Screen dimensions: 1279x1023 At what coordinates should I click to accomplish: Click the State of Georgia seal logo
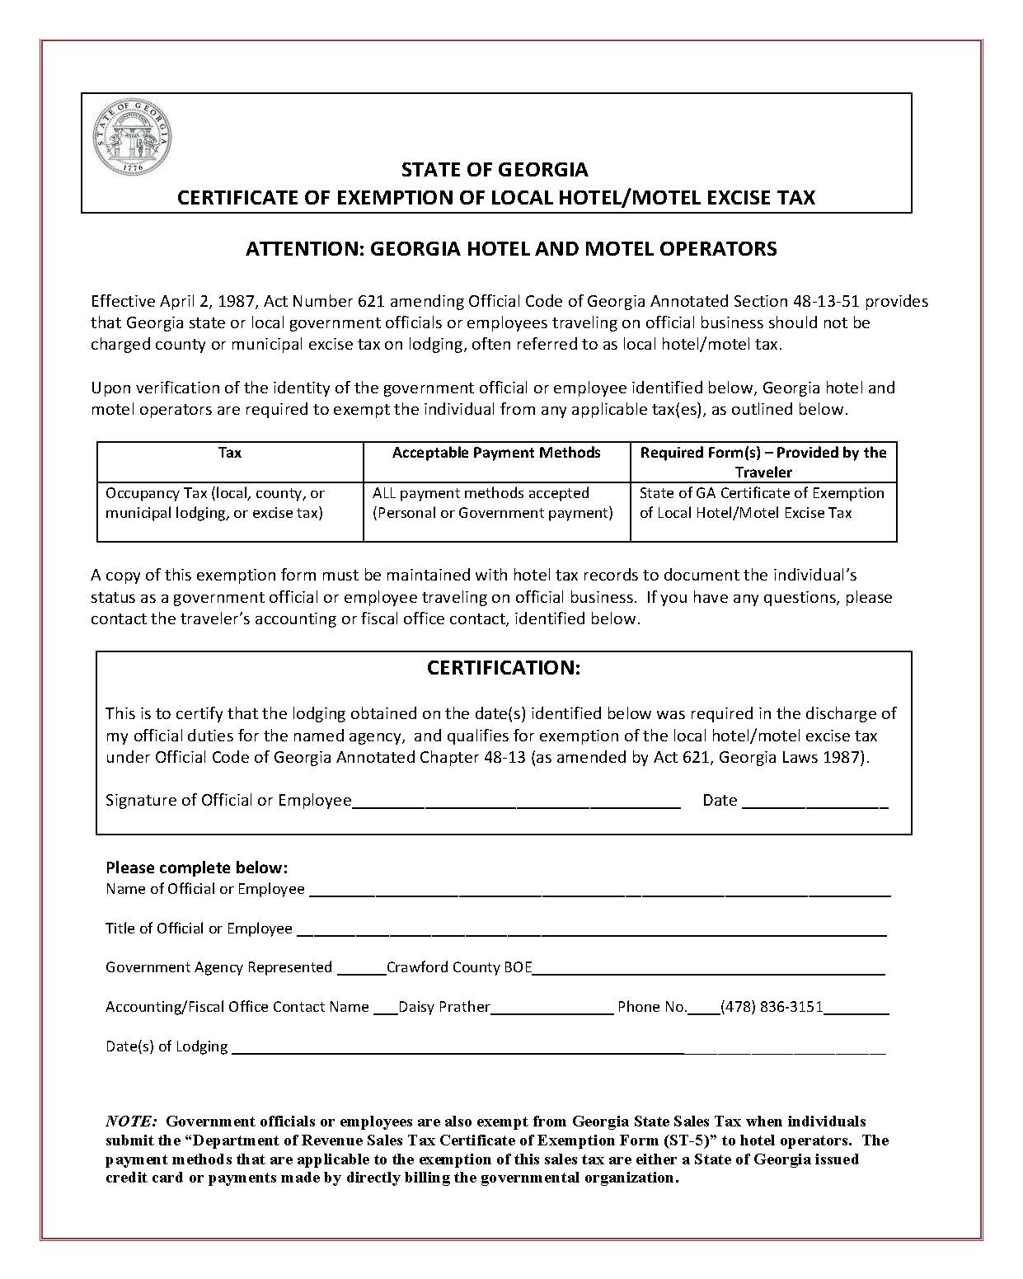(x=133, y=138)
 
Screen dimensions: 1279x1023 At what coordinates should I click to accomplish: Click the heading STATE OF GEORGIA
(x=495, y=170)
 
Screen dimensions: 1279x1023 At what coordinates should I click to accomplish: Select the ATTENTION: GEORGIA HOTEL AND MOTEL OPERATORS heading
(x=511, y=248)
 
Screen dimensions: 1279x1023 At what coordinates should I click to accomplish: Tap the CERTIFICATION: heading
(x=504, y=668)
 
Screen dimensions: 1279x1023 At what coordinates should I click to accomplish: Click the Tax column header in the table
(x=230, y=453)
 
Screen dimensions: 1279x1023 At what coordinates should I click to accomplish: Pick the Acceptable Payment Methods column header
(x=496, y=453)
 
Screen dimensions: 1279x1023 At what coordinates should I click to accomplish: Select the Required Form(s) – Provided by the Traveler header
(x=763, y=462)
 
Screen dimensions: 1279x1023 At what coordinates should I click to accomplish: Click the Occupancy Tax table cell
(x=215, y=503)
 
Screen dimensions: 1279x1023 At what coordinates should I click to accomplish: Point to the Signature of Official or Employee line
(x=516, y=802)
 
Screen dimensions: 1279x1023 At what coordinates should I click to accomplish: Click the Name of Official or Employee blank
(x=599, y=891)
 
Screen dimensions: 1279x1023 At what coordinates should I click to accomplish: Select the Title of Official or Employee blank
(x=590, y=930)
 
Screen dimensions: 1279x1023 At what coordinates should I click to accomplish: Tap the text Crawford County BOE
(x=459, y=967)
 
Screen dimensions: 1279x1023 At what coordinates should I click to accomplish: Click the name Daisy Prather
(x=444, y=1007)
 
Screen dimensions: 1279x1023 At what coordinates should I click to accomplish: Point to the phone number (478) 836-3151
(x=772, y=1007)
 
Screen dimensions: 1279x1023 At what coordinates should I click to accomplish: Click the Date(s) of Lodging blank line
(x=557, y=1047)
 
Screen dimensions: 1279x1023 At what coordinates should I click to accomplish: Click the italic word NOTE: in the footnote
(x=131, y=1121)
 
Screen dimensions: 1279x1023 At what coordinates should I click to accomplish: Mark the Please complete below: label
(x=196, y=868)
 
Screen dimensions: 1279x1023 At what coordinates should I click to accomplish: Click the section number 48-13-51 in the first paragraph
(x=844, y=301)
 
